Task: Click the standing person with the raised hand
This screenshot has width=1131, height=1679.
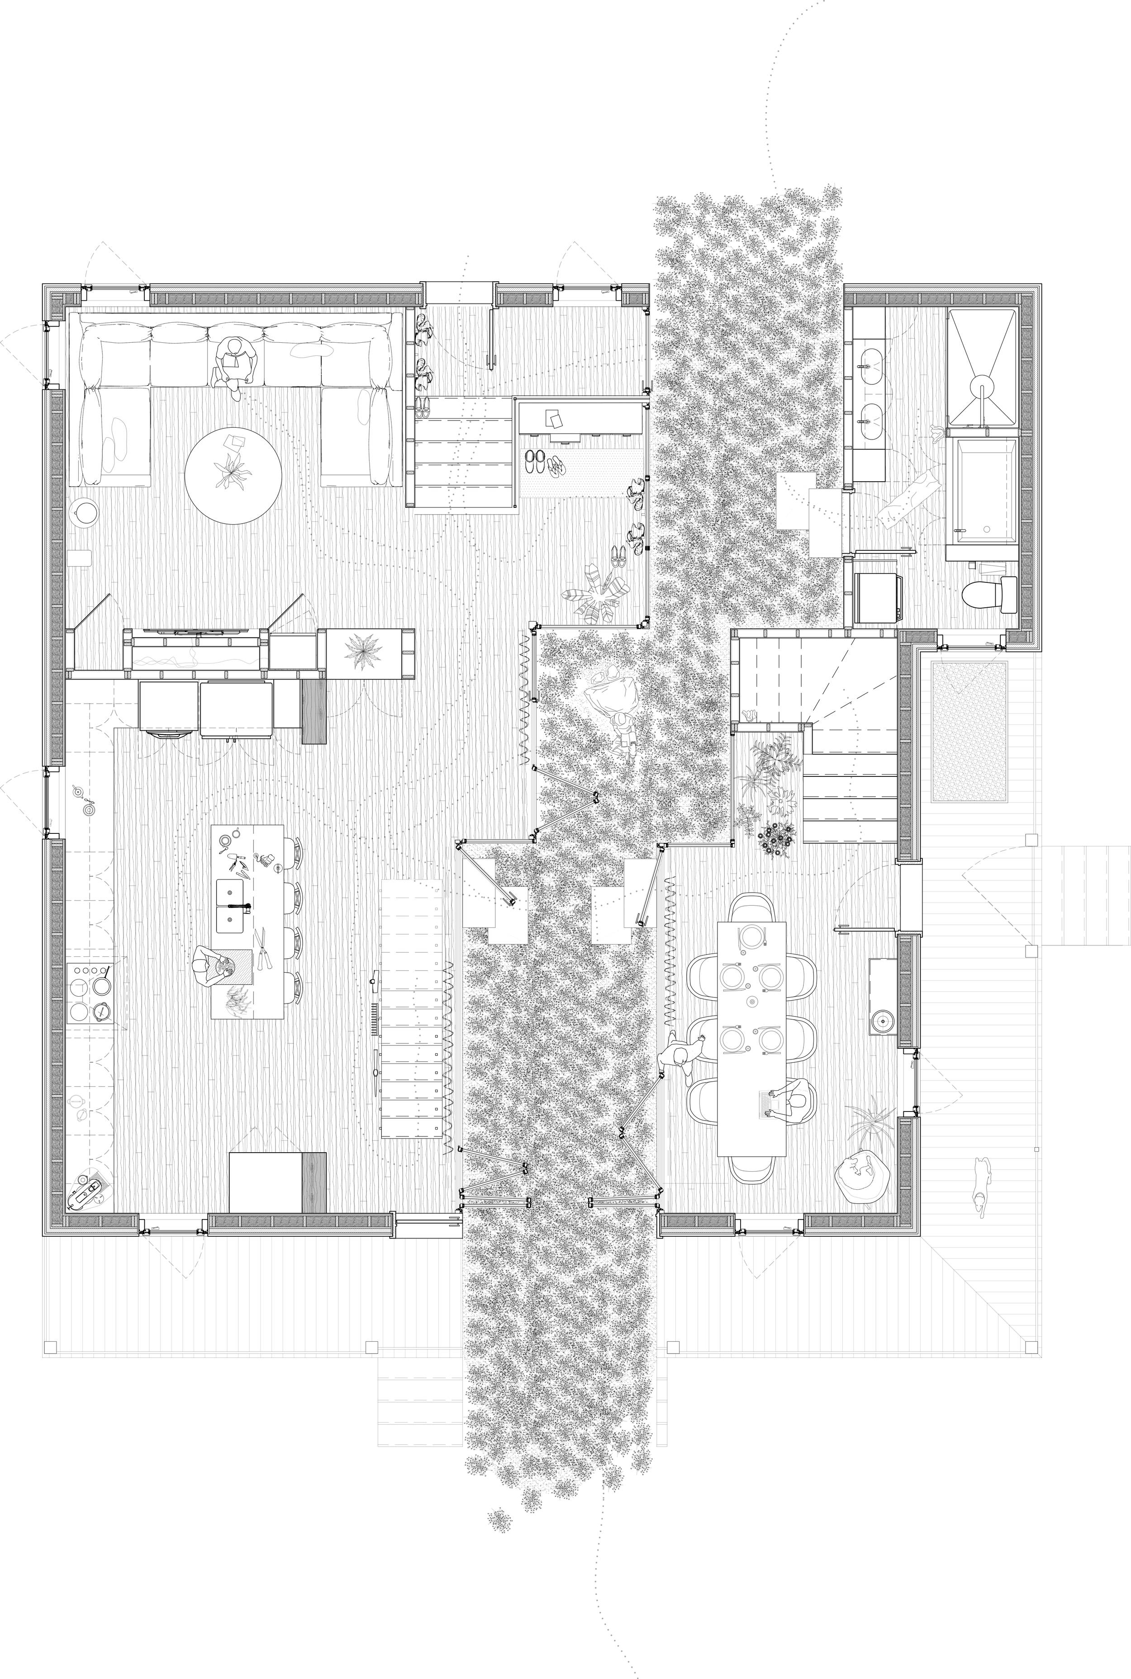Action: point(680,1056)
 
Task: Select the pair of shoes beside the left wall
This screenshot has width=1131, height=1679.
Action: point(422,407)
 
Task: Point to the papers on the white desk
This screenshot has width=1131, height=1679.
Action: point(553,418)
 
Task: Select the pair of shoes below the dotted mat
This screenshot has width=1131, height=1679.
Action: point(618,556)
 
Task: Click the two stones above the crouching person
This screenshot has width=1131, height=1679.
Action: point(606,675)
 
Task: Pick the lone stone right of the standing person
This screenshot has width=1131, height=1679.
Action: point(801,1084)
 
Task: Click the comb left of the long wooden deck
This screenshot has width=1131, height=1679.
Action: point(374,1019)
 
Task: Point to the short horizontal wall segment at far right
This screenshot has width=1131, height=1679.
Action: point(982,433)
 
